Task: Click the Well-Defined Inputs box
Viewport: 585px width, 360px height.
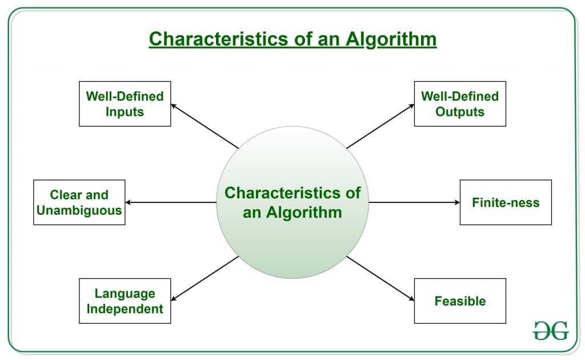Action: (125, 103)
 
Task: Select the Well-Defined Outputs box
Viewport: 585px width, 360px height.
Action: (460, 103)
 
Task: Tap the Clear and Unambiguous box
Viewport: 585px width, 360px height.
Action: (79, 202)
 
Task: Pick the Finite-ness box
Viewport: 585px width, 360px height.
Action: (506, 202)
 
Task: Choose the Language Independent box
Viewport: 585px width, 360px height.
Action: (125, 301)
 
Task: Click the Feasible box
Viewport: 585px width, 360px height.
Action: (460, 301)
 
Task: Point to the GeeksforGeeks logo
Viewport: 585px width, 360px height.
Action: (551, 330)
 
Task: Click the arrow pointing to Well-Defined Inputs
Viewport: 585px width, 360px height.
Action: (205, 126)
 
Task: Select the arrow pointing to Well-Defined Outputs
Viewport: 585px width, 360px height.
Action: (380, 126)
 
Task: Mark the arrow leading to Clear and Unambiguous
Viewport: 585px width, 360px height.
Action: (170, 202)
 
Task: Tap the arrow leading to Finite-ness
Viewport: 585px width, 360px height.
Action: (414, 202)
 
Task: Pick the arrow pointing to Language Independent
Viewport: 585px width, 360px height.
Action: (205, 278)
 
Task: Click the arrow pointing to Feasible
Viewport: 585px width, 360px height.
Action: (380, 278)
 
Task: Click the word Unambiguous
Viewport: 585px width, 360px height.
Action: (79, 210)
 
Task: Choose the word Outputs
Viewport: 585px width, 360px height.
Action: (460, 111)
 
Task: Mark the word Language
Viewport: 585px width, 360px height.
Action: (125, 293)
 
